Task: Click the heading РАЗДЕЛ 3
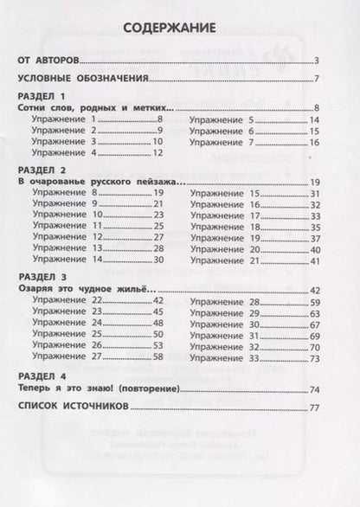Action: pos(42,277)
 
